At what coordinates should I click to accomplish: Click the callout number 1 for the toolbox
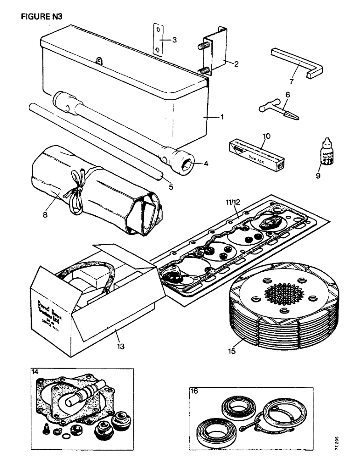[x=222, y=117]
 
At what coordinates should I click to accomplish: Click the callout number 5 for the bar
[x=171, y=187]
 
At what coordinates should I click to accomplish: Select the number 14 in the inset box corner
[x=35, y=372]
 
